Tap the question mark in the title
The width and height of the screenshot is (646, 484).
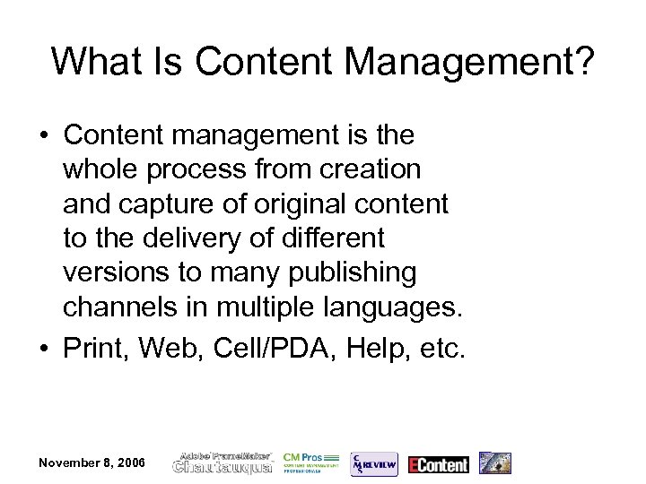581,61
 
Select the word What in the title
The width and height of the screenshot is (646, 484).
89,61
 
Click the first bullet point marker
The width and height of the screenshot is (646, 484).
43,136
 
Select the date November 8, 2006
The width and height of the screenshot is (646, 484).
91,462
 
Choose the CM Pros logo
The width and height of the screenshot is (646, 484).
310,462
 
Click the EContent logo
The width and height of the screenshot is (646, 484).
438,463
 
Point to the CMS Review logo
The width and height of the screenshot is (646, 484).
373,462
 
